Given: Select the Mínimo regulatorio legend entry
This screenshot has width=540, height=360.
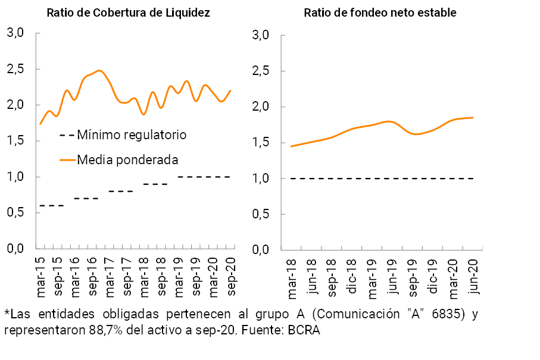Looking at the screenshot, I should point(123,135).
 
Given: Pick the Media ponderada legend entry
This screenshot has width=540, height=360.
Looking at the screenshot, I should point(119,159).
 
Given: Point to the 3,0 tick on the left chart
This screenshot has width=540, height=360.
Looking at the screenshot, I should point(15,33).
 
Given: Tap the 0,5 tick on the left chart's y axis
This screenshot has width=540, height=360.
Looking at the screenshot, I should point(15,212).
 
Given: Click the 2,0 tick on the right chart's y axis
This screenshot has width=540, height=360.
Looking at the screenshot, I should point(261,107).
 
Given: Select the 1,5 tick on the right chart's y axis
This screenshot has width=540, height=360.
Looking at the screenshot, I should point(261,143).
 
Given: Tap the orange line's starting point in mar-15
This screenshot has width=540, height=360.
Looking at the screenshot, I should point(40,124).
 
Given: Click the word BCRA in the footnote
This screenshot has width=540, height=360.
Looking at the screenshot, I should point(305,331).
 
